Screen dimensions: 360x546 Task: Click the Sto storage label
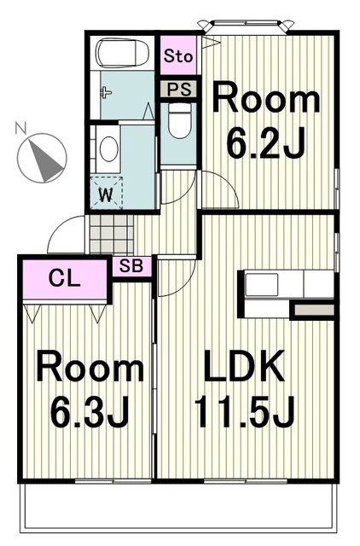point(178,55)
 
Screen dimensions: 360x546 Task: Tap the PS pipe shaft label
point(178,89)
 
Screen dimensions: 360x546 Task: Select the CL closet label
point(65,278)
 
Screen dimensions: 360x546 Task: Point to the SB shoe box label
point(131,266)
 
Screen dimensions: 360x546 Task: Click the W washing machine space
point(106,194)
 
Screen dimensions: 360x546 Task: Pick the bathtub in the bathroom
point(122,53)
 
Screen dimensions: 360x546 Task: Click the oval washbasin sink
point(108,148)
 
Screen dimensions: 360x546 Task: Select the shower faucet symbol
point(106,93)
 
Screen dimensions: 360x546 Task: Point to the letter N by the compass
point(20,128)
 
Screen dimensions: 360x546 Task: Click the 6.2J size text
point(266,142)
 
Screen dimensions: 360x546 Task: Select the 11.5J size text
point(245,412)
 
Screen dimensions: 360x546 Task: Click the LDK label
point(245,366)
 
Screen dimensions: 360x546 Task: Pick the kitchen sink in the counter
point(262,284)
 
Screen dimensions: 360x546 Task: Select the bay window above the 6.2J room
point(246,26)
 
